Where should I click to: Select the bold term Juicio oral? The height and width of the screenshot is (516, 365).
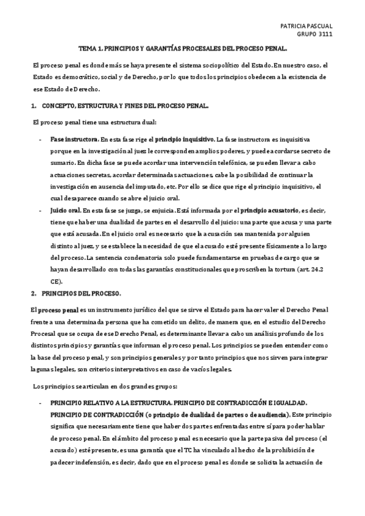65,209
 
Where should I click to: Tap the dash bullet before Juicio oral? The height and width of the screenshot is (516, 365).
40,209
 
